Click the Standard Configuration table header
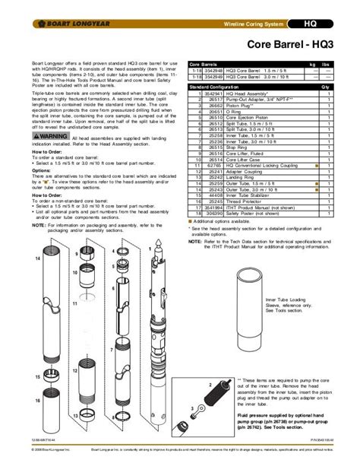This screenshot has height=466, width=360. coord(221,87)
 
